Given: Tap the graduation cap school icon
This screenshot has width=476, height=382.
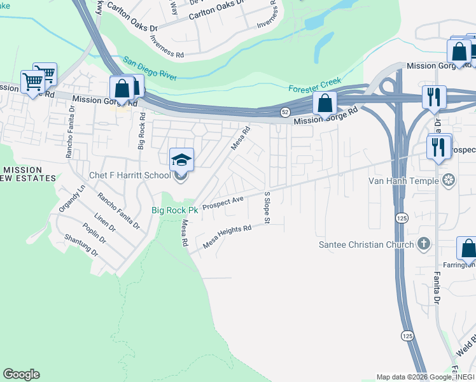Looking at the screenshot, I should click(x=181, y=159).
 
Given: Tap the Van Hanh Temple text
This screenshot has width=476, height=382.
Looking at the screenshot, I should click(x=403, y=181).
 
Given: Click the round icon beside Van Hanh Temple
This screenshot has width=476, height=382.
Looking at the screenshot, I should click(x=449, y=181).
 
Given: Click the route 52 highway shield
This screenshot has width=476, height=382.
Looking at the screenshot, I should click(x=285, y=113).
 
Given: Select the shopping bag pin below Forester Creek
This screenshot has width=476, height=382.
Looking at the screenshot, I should click(x=325, y=103).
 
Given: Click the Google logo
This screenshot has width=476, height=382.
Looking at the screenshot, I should click(x=21, y=374).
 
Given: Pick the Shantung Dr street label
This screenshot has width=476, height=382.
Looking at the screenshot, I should click(x=81, y=244).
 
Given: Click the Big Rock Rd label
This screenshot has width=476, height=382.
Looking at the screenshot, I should click(x=142, y=133).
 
